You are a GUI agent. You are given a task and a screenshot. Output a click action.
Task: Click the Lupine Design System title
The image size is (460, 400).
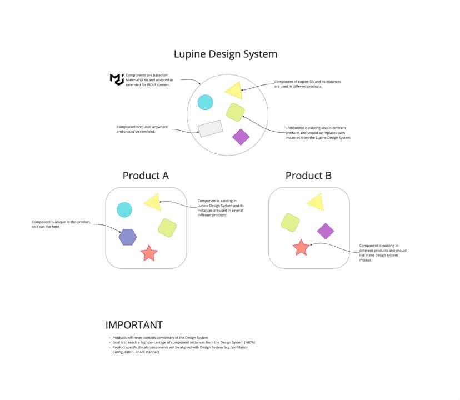click(x=225, y=54)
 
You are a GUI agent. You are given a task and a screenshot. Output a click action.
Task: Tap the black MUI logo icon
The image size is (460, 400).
click(x=117, y=79)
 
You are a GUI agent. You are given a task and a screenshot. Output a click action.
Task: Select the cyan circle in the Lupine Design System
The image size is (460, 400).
click(x=205, y=102)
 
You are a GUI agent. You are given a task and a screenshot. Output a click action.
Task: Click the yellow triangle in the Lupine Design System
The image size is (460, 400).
click(x=234, y=91)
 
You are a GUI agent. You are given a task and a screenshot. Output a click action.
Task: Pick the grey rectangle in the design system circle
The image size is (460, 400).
click(x=210, y=128)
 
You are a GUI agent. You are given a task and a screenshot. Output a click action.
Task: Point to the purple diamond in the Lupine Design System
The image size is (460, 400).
click(x=241, y=137)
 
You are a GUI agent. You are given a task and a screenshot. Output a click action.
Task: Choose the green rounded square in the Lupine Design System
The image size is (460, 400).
click(x=236, y=112)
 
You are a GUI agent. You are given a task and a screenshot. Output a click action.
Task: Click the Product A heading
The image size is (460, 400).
click(x=146, y=176)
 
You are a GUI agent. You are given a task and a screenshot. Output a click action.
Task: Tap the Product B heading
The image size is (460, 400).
click(x=308, y=176)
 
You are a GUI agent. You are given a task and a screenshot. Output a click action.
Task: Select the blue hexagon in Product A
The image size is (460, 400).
click(x=127, y=237)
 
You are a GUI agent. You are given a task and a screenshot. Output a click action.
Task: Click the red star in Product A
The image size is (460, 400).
click(x=149, y=253)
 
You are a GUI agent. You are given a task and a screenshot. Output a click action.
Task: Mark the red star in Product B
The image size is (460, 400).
click(x=301, y=247)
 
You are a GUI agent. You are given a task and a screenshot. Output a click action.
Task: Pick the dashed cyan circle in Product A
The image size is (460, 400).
click(x=124, y=209)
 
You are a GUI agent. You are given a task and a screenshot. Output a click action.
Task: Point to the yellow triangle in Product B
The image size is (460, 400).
click(x=316, y=202)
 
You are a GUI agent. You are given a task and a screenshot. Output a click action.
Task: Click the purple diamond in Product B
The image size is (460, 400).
click(x=325, y=231)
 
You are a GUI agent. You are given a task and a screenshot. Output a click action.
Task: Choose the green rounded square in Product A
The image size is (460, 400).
click(x=167, y=227)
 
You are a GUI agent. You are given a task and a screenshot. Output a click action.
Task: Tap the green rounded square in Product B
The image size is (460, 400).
click(x=291, y=222)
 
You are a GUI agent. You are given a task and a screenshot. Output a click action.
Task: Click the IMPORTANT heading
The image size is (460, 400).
click(x=134, y=325)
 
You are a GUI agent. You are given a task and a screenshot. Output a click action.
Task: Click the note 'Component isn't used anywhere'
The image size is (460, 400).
click(x=142, y=129)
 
